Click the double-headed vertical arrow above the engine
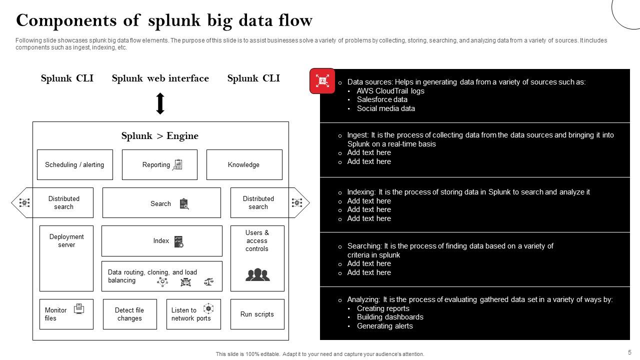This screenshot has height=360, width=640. pos(160,103)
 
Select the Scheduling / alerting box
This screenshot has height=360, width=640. pos(75,164)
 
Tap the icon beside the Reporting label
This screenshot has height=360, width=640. pos(177,164)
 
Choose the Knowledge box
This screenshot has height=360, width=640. pos(244,164)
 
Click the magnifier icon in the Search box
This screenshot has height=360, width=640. pos(184,203)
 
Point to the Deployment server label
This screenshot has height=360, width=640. pos(66,241)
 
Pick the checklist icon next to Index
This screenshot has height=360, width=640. pos(178,241)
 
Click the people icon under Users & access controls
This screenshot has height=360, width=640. pos(257,274)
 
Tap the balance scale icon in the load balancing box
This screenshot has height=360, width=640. pos(208,282)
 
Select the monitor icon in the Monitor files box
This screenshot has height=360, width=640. pos(79,309)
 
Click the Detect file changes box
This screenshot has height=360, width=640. pos(129,314)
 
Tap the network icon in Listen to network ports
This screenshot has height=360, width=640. pos(208,308)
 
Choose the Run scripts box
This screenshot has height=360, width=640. pos(257,314)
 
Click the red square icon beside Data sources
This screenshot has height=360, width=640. pos(322,81)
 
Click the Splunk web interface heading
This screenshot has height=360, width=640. pos(160,78)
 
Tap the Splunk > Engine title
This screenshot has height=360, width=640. pos(160,136)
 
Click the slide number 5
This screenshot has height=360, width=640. pos(629,352)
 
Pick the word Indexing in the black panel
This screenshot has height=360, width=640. pos(361,192)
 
